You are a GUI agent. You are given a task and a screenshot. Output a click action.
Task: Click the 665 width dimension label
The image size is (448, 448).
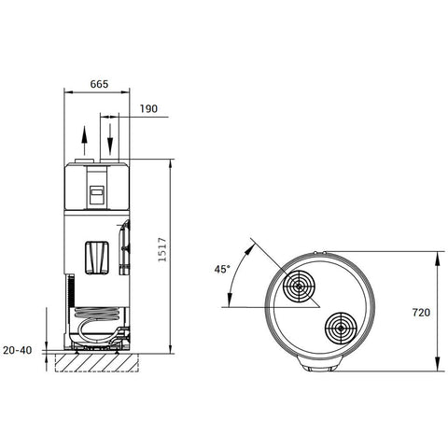point(99,84)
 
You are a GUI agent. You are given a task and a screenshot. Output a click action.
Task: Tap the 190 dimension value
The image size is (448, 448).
point(148,109)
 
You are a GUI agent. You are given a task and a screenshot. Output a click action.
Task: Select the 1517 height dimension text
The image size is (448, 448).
point(162,250)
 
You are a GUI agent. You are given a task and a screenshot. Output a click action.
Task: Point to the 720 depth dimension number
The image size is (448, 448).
point(421,313)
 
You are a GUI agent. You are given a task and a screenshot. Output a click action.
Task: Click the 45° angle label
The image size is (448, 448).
point(222,269)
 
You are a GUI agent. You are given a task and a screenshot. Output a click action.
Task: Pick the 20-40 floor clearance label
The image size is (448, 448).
point(18,350)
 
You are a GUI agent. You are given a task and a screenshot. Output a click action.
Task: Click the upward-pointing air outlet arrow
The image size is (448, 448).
point(84,140)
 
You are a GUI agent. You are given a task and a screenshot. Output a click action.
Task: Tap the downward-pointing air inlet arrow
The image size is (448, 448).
point(110,139)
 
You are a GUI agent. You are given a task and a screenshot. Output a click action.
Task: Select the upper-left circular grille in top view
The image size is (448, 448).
point(300,287)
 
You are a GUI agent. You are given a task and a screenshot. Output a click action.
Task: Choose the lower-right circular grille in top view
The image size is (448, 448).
point(341,329)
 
